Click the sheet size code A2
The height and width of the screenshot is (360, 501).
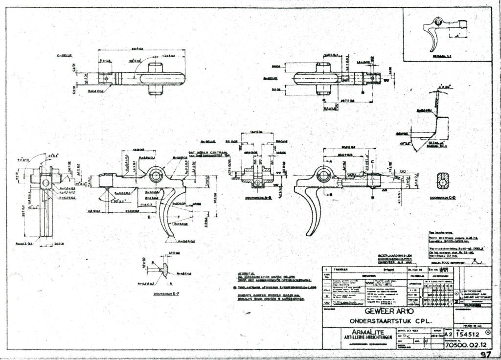point(435,335)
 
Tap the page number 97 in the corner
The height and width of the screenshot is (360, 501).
point(485,355)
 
